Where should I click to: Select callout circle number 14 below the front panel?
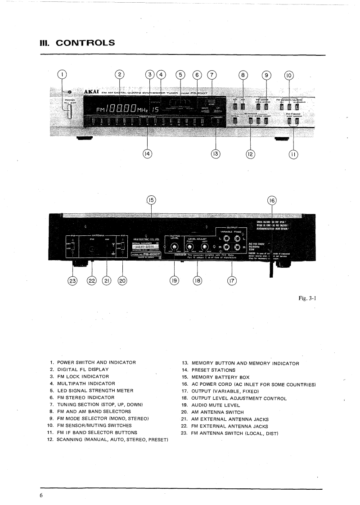click(x=147, y=153)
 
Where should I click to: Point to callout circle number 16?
click(x=272, y=201)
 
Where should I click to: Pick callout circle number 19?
click(x=174, y=280)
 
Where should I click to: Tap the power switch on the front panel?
click(x=70, y=111)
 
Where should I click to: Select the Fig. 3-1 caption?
click(x=308, y=298)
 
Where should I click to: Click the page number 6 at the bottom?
click(x=41, y=495)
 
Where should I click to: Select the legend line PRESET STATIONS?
click(x=220, y=370)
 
